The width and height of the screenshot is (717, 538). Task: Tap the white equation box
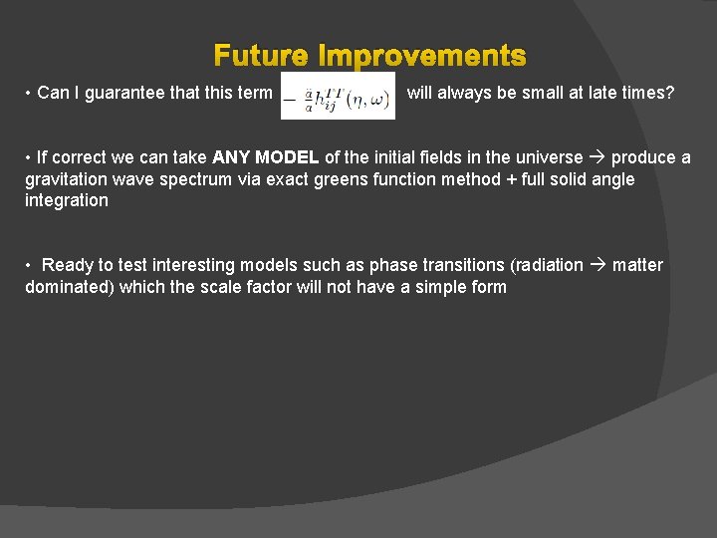(x=338, y=95)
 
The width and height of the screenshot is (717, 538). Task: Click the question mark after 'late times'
(x=669, y=93)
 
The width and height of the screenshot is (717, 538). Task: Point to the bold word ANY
(x=233, y=158)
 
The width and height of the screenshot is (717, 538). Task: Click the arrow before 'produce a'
(x=597, y=158)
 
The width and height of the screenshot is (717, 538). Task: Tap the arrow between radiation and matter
(x=597, y=265)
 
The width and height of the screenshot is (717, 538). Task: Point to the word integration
(x=67, y=200)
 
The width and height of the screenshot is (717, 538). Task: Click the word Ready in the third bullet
(x=67, y=265)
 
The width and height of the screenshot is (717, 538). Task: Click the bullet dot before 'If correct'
(x=29, y=158)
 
